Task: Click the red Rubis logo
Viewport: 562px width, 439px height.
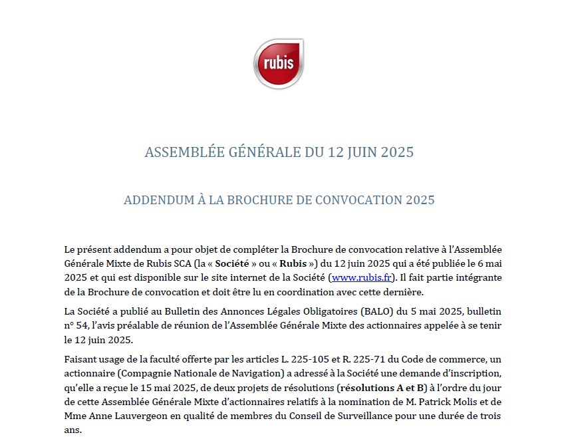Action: [x=279, y=64]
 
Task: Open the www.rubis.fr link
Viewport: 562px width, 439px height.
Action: [x=361, y=277]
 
